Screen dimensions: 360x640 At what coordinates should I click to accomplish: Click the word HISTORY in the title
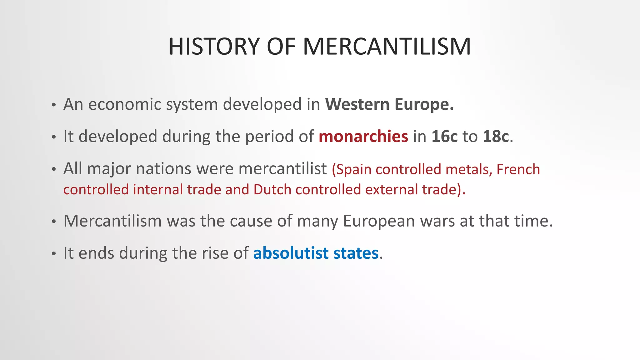coord(214,47)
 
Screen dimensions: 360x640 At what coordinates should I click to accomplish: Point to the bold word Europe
coord(424,104)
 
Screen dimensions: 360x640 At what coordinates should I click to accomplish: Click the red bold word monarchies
coord(363,136)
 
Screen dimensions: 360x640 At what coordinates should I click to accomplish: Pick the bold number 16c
coord(444,136)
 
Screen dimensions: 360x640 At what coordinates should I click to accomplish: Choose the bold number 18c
coord(496,136)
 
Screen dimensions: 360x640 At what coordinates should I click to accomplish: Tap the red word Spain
coord(353,170)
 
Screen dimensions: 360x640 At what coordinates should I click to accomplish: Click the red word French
coord(518,169)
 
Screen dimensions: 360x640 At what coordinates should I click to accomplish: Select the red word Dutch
coord(272,190)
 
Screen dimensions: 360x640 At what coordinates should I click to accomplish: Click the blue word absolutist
coord(291,253)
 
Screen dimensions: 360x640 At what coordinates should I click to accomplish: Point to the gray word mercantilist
coord(282,169)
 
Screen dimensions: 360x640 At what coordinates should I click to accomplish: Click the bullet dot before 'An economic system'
coord(54,105)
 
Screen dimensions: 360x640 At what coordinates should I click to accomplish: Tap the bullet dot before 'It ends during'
coord(54,254)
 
